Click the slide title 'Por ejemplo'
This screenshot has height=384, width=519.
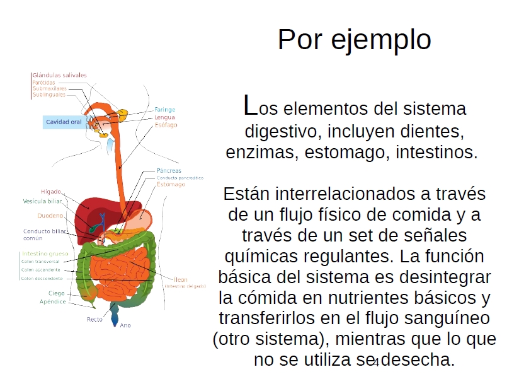pyautogui.click(x=354, y=40)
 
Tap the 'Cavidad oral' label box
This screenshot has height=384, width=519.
pyautogui.click(x=64, y=122)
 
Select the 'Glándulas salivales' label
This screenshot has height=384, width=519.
pyautogui.click(x=59, y=75)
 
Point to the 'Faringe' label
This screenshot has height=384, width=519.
pyautogui.click(x=164, y=110)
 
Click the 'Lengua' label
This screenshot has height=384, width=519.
pyautogui.click(x=164, y=117)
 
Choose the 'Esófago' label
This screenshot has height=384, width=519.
pyautogui.click(x=166, y=125)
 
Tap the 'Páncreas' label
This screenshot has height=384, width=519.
pyautogui.click(x=169, y=171)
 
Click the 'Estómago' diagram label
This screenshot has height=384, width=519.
pyautogui.click(x=171, y=185)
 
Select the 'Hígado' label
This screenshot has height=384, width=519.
pyautogui.click(x=51, y=191)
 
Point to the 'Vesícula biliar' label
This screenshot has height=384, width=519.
pyautogui.click(x=42, y=201)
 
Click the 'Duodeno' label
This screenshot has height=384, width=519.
pyautogui.click(x=50, y=216)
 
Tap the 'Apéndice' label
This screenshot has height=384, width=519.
pyautogui.click(x=52, y=301)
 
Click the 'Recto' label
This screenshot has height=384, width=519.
pyautogui.click(x=94, y=319)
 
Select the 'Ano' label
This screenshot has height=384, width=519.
pyautogui.click(x=125, y=325)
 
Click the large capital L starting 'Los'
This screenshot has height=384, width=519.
pyautogui.click(x=249, y=106)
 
